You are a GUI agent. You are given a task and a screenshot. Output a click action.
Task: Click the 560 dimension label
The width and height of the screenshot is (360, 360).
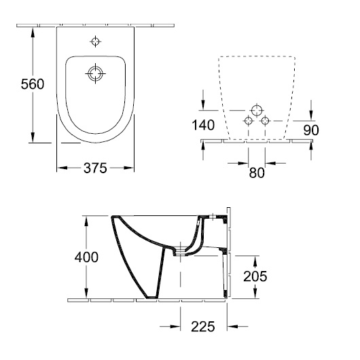33,84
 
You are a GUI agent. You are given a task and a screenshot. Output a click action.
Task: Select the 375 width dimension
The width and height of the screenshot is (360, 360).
95,168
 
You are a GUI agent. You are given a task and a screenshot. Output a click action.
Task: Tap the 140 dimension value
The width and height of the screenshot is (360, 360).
203,125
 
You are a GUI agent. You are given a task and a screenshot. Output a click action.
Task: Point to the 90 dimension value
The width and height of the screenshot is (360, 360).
311,130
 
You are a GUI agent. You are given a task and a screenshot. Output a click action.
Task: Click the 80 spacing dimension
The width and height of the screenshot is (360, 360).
257,173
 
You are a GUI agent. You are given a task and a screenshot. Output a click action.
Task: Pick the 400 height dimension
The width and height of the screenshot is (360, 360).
86,257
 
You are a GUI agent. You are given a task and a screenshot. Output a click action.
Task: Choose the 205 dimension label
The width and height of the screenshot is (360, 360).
255,276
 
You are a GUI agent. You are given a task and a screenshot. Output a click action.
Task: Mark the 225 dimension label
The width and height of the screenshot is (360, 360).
203,327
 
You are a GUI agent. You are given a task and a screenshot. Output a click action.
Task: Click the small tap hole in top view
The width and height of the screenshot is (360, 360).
95,41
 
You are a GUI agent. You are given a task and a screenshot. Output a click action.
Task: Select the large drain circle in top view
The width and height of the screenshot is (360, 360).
95,74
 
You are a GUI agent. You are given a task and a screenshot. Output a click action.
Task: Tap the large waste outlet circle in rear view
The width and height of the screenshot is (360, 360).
257,111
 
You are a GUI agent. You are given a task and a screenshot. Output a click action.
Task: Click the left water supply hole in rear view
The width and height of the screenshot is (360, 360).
249,120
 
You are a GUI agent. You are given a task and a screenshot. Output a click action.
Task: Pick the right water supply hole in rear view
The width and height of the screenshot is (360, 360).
265,120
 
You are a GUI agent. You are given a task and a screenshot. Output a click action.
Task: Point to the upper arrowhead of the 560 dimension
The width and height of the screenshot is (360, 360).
33,32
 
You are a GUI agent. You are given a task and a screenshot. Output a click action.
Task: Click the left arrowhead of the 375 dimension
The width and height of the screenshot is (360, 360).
62,168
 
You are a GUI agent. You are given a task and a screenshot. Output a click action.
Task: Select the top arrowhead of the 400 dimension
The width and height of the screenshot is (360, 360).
86,221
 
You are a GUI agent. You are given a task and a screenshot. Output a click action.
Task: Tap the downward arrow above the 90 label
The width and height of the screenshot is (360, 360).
311,110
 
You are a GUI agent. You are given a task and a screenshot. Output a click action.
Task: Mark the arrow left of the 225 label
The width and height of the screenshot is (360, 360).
170,326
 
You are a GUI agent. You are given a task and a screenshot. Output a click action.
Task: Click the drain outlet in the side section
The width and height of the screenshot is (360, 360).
180,251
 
